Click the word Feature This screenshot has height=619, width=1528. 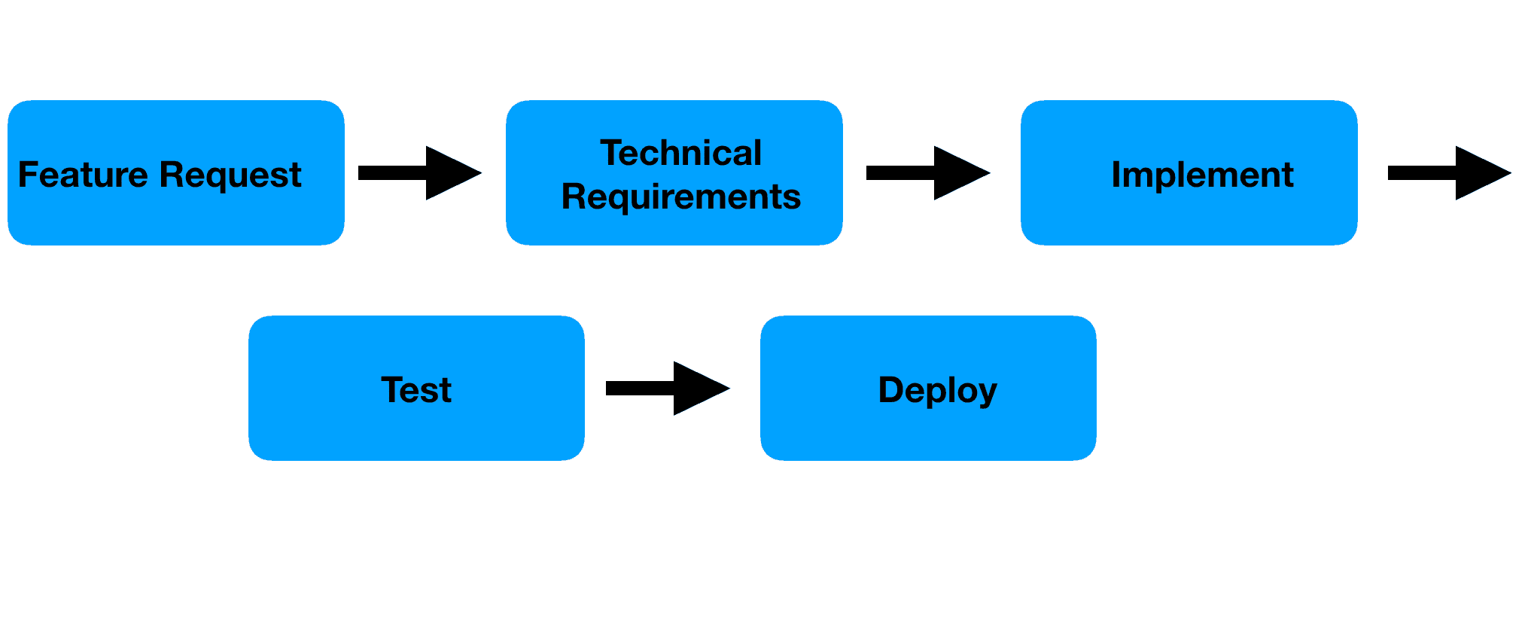pyautogui.click(x=83, y=175)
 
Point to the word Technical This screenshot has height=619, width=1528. pyautogui.click(x=680, y=153)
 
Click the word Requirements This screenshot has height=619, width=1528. pyautogui.click(x=680, y=197)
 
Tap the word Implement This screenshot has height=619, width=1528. pyautogui.click(x=1202, y=175)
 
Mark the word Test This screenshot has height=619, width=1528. pyautogui.click(x=416, y=390)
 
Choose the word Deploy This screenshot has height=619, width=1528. pyautogui.click(x=937, y=391)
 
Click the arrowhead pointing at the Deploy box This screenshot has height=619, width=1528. pyautogui.click(x=700, y=389)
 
